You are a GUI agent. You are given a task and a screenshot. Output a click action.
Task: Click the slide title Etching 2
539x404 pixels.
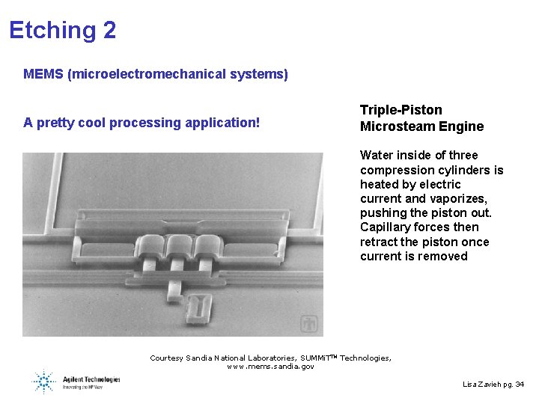pyautogui.click(x=62, y=30)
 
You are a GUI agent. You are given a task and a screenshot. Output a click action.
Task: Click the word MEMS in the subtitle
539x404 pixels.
pyautogui.click(x=43, y=74)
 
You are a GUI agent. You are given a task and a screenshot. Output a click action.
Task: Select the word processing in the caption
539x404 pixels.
pyautogui.click(x=142, y=122)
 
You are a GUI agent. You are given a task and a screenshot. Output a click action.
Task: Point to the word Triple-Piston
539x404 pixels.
pyautogui.click(x=401, y=110)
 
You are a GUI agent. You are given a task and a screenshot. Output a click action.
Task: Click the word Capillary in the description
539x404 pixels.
pyautogui.click(x=386, y=227)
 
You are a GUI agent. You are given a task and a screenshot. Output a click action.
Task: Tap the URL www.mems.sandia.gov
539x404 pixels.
pyautogui.click(x=270, y=367)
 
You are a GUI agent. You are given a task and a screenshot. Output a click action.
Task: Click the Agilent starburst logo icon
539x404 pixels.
pyautogui.click(x=44, y=381)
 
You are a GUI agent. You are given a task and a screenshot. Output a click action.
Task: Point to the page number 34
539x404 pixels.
pyautogui.click(x=520, y=384)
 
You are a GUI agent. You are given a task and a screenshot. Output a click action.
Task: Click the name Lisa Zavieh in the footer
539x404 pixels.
pyautogui.click(x=480, y=384)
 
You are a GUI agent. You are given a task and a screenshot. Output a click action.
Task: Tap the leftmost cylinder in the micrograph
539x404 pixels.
pyautogui.click(x=153, y=247)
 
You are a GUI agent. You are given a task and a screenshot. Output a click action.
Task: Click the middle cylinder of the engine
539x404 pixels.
pyautogui.click(x=178, y=247)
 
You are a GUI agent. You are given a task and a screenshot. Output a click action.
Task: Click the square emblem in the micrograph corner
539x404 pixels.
pyautogui.click(x=308, y=324)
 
